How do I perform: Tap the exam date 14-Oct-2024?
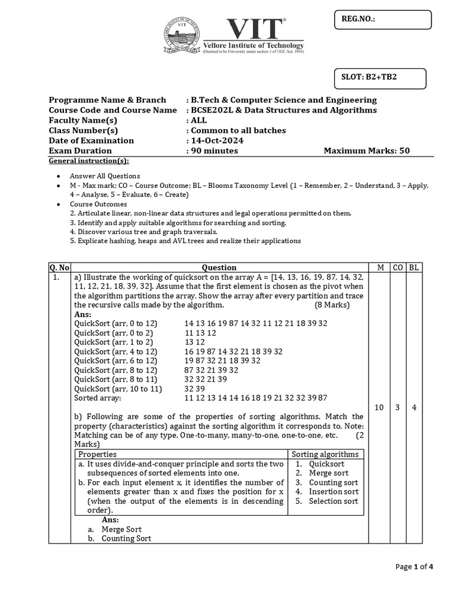coord(216,140)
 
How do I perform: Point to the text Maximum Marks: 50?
coord(367,151)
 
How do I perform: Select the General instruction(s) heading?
coord(88,161)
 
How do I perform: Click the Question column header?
coord(219,267)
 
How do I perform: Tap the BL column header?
coord(414,267)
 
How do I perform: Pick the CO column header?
coord(398,267)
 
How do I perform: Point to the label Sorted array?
coord(97,398)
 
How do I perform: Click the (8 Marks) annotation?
coord(332,305)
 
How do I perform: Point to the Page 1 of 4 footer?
coord(414,567)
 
